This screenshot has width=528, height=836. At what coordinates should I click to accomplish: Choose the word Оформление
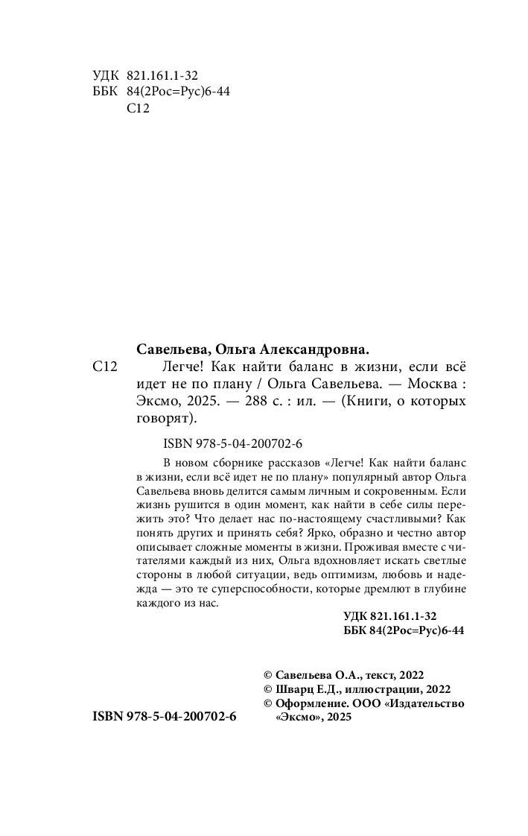click(308, 703)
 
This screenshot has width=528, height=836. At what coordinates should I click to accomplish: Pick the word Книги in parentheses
click(367, 402)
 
